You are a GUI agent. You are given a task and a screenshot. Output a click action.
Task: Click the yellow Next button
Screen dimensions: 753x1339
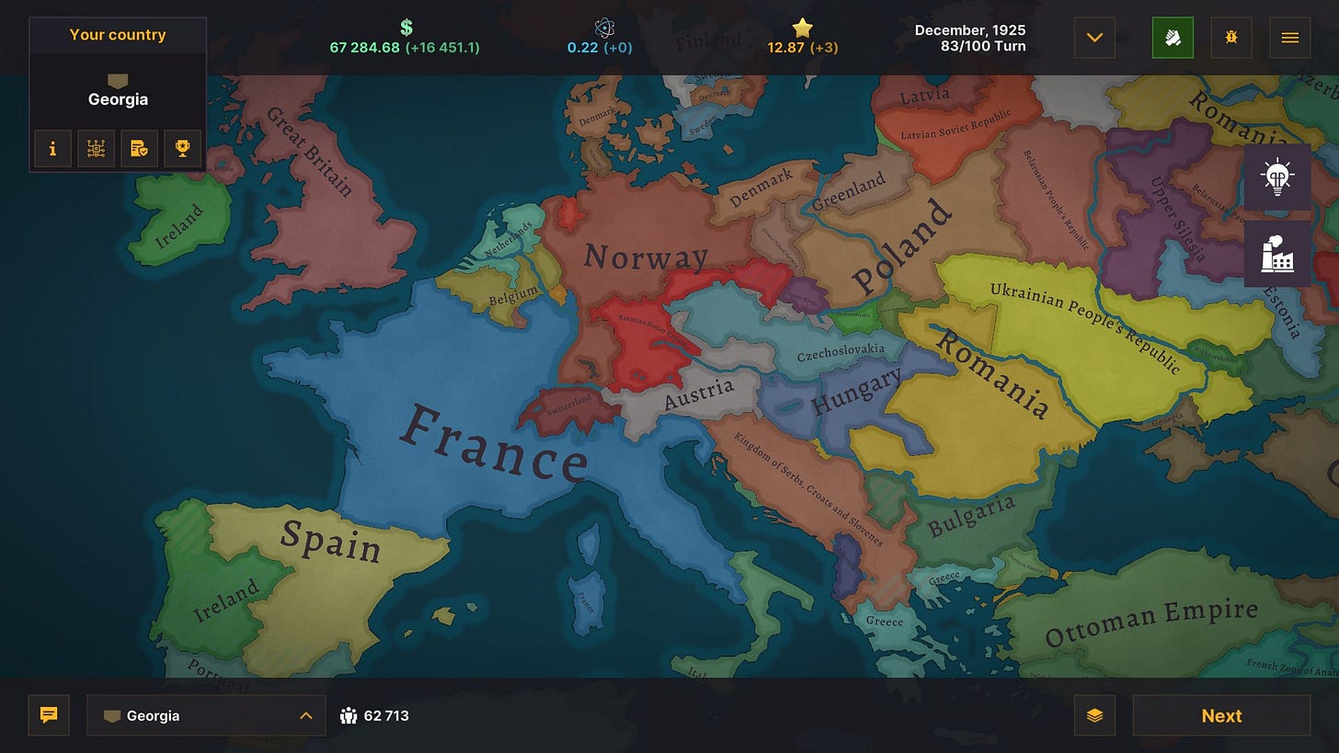pos(1221,715)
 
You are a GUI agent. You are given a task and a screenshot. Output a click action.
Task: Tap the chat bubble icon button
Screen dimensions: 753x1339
pos(49,715)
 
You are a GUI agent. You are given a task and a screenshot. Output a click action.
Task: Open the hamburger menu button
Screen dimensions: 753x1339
pos(1289,38)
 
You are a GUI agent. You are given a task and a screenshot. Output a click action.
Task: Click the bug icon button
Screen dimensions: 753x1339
pos(1231,38)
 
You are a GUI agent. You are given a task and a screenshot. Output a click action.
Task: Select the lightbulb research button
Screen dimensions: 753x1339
pos(1277,176)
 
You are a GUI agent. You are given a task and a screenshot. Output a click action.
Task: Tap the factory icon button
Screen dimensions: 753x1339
pos(1277,253)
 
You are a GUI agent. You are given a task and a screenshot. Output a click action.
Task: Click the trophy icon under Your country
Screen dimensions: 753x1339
pos(182,148)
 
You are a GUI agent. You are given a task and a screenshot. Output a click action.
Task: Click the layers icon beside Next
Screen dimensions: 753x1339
pos(1094,715)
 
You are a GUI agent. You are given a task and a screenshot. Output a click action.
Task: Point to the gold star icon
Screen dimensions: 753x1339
pos(803,28)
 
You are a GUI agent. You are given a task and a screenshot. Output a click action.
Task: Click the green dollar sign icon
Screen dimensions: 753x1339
pos(406,28)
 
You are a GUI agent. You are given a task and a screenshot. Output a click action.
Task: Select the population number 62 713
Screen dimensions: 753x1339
pos(386,715)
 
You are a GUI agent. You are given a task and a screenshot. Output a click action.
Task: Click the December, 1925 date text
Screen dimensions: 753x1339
pos(969,30)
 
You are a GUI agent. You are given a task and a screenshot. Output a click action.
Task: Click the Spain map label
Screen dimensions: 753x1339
pos(330,540)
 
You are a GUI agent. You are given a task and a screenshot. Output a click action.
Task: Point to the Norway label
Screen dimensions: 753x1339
pos(646,257)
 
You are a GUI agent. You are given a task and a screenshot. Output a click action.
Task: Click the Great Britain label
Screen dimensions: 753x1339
pos(309,152)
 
